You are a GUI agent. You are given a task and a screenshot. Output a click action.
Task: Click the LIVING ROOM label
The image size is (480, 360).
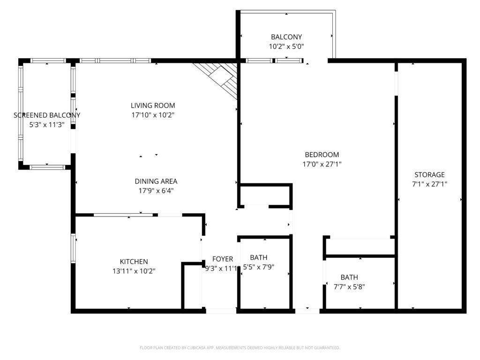(153, 105)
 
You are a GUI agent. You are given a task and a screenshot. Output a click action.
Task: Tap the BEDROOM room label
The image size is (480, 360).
(322, 155)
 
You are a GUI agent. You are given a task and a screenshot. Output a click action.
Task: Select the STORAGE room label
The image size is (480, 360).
(429, 175)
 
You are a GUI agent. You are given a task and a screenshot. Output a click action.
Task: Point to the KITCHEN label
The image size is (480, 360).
(134, 262)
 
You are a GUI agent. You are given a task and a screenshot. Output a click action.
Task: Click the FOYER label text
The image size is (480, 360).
(223, 259)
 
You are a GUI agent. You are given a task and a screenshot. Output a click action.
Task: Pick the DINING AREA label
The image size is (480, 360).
(156, 181)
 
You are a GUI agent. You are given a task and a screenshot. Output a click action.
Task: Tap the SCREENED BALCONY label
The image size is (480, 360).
(47, 115)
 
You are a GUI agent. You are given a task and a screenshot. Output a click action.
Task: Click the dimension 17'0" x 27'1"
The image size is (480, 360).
(322, 164)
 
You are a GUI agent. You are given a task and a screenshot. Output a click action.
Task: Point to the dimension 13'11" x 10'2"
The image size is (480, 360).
(134, 270)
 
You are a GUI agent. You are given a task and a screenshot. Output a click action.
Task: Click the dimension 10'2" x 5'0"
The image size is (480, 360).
(286, 46)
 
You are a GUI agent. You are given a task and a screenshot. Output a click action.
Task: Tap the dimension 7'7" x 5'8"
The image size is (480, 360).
(349, 286)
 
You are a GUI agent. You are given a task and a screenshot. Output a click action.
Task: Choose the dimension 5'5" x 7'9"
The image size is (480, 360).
(259, 267)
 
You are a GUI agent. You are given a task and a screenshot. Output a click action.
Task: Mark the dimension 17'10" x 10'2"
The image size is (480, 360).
(153, 115)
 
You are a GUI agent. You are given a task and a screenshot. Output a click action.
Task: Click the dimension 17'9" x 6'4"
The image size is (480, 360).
(156, 191)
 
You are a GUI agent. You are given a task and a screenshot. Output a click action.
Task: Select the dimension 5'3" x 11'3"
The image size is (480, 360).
(46, 125)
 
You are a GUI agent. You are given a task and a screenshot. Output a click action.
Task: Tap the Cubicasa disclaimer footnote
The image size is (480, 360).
(240, 348)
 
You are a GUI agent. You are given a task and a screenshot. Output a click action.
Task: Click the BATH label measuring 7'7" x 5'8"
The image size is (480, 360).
(349, 277)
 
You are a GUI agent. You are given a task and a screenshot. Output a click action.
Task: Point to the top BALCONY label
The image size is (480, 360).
(286, 37)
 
